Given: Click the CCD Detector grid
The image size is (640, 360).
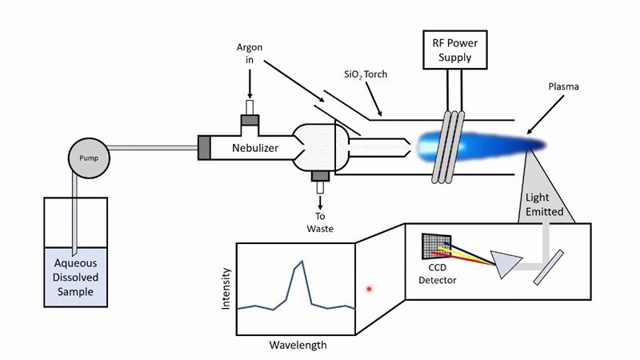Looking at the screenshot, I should tap(436, 249).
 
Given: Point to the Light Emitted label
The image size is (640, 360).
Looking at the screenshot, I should tap(544, 205).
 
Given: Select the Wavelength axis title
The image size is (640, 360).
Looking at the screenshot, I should tap(298, 346).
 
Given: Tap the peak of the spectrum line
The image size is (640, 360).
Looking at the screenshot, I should tap(302, 262).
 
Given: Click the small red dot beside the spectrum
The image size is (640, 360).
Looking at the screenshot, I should tap(369, 289).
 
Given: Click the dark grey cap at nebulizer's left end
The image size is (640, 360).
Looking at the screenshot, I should tap(204, 148).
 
